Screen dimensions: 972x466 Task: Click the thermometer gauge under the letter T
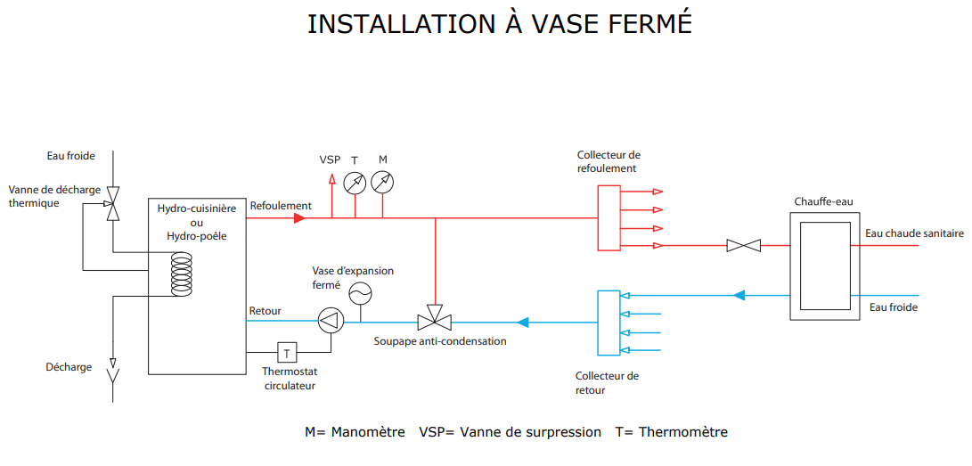point(355,182)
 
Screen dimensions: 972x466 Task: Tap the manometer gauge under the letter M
point(382,182)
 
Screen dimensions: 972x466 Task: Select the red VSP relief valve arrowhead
point(331,180)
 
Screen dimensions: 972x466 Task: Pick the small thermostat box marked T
point(287,353)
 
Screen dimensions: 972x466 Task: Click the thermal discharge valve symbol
point(113,204)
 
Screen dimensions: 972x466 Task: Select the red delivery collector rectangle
point(609,217)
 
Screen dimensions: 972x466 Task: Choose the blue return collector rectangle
point(609,323)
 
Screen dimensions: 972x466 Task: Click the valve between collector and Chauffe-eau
point(744,245)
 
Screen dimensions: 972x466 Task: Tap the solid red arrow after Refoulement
point(299,218)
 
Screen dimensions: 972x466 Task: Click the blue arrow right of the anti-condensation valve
point(523,323)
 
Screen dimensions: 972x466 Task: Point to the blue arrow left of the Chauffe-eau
point(738,295)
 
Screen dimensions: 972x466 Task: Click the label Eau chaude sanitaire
point(914,233)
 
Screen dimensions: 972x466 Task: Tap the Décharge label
point(69,367)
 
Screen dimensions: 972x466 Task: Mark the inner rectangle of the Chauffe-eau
point(825,266)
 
